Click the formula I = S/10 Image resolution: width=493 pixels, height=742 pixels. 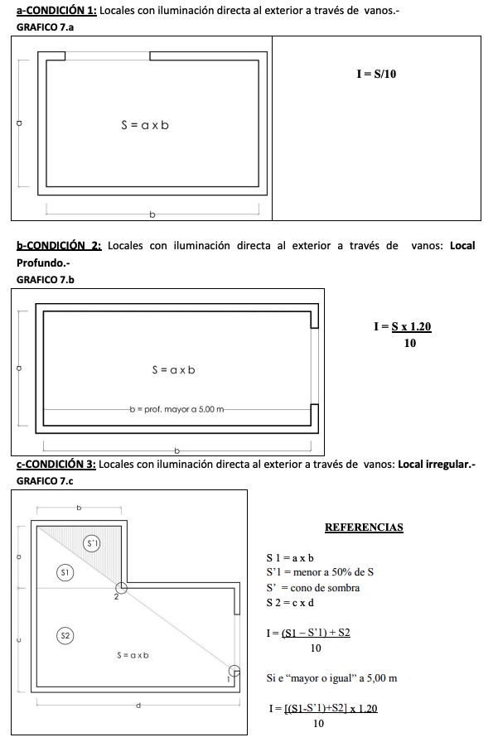pyautogui.click(x=376, y=74)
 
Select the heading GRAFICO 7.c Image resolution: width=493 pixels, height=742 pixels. pyautogui.click(x=45, y=480)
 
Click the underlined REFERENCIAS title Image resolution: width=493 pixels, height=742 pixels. pyautogui.click(x=364, y=527)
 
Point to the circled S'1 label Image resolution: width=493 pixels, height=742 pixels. pyautogui.click(x=93, y=543)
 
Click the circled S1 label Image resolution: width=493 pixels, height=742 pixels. pyautogui.click(x=65, y=571)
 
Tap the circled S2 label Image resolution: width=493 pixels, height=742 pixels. pyautogui.click(x=65, y=635)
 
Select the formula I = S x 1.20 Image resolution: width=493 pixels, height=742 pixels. pyautogui.click(x=403, y=326)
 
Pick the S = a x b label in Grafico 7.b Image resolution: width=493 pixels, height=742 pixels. pyautogui.click(x=173, y=370)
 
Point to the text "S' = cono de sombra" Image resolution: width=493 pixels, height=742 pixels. pyautogui.click(x=312, y=587)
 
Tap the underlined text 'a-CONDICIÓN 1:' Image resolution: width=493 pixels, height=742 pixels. pyautogui.click(x=56, y=10)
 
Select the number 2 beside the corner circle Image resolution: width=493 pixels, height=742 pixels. pyautogui.click(x=116, y=596)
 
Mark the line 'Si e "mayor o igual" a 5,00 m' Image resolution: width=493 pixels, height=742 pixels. pyautogui.click(x=331, y=678)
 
